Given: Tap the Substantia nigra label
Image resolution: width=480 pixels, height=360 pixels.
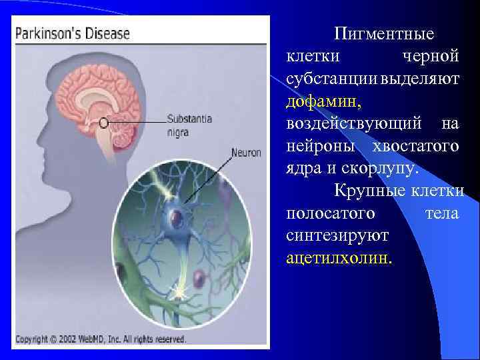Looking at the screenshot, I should click(189, 125).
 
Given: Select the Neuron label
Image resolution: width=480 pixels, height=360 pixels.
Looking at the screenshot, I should click(245, 152).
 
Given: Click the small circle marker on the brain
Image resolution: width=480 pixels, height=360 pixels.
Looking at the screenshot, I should click(105, 123).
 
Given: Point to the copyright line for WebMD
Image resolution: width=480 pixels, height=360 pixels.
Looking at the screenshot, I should click(100, 339).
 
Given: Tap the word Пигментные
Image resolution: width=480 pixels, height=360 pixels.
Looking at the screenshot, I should click(384, 33).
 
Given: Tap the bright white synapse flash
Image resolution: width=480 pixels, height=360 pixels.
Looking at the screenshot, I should click(179, 291).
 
